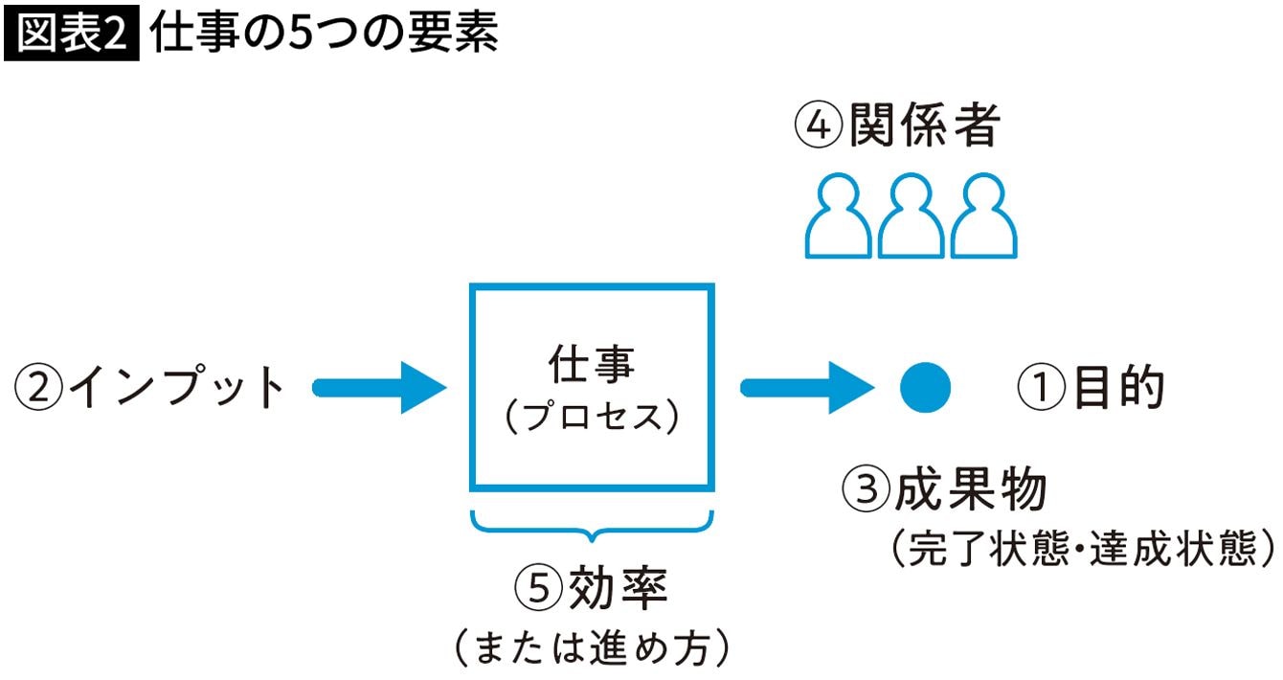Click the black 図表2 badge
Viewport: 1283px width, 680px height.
72,33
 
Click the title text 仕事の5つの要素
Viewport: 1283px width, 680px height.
324,33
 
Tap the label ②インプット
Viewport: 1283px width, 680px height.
150,387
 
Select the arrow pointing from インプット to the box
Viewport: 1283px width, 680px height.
379,388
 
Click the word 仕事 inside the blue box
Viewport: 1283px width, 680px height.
592,364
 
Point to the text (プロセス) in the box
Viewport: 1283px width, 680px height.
592,417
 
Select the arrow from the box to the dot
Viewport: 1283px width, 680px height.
807,388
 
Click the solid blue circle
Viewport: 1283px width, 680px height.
925,388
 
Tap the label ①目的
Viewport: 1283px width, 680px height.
1091,388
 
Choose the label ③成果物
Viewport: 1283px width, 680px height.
944,488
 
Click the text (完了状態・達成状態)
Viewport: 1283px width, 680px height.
1083,548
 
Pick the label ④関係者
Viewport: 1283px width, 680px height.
897,125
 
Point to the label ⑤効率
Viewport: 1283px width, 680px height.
591,588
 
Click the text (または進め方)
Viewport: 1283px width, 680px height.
592,648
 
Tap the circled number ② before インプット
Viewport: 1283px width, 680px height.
38,387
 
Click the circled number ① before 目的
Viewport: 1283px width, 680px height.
1042,388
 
